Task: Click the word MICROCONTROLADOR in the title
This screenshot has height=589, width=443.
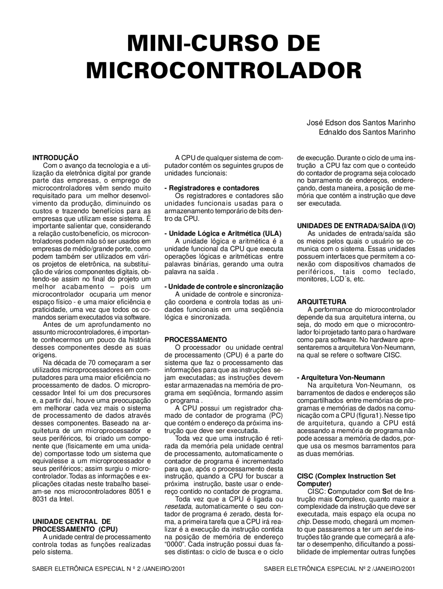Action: [224, 70]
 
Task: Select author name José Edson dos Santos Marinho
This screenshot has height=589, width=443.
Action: [361, 123]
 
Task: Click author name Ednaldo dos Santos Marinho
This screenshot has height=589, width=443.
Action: [367, 132]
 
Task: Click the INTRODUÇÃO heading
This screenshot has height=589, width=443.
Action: [55, 158]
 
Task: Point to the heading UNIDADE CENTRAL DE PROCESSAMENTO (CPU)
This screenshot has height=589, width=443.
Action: [75, 525]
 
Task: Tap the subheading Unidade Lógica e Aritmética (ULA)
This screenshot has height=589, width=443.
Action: [223, 233]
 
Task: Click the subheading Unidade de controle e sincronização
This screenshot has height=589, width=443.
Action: [224, 287]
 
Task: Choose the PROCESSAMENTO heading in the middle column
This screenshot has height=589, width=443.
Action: [196, 340]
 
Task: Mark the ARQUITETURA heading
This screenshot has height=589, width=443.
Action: [322, 302]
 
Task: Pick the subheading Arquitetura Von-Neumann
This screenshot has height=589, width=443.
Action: [341, 378]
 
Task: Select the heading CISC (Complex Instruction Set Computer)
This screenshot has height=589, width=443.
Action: [346, 480]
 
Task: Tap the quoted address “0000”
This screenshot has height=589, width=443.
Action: [175, 545]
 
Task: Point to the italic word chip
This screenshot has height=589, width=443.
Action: [303, 522]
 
